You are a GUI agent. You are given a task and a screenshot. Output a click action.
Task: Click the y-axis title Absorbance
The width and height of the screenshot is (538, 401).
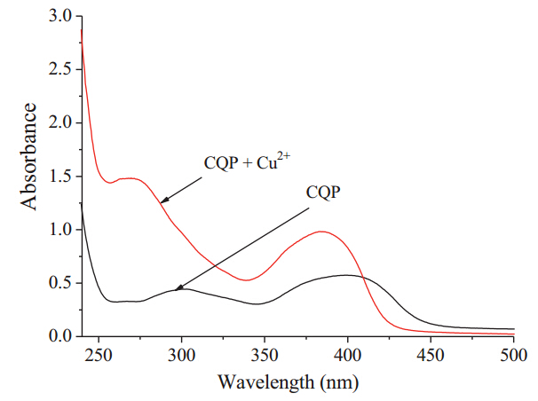point(29,156)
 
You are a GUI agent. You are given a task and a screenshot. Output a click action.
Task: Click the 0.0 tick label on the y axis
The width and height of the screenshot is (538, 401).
point(60,336)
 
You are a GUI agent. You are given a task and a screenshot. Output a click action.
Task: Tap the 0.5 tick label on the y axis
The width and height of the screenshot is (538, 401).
point(60,283)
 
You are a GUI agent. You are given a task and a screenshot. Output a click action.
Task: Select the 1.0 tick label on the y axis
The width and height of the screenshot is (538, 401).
point(60,230)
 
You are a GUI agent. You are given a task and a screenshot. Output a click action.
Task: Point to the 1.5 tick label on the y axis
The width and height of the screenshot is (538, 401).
point(60,177)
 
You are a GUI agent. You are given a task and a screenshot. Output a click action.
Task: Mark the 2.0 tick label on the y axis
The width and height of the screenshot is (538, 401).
point(60,123)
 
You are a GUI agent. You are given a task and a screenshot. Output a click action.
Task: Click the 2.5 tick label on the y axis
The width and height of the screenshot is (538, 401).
point(60,70)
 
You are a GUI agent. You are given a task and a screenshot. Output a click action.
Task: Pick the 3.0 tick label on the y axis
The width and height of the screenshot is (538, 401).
point(60,17)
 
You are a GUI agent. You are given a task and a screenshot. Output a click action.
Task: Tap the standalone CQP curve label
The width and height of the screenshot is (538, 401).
point(324,192)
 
